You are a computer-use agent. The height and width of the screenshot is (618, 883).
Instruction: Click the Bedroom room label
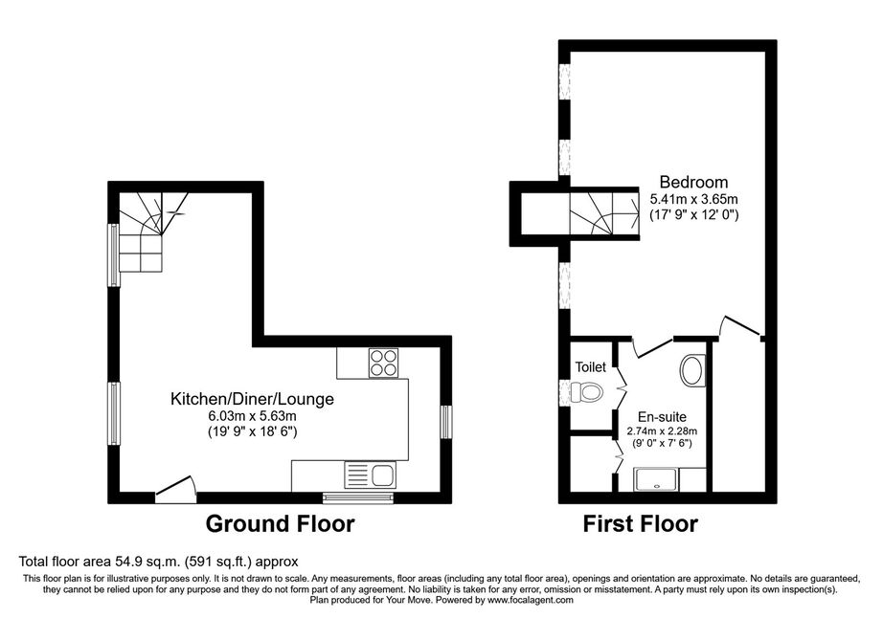pos(693,182)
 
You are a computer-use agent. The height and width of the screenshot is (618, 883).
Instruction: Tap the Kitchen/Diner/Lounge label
pos(252,399)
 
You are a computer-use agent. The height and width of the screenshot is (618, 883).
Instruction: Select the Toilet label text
pos(590,367)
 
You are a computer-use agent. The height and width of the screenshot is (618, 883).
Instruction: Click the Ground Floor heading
pos(280,523)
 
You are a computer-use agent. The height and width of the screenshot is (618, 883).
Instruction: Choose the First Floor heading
pos(641,524)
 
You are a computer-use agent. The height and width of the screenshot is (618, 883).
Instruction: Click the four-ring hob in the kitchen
pos(383,363)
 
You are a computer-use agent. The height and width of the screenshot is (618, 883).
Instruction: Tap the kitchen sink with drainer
pos(370,475)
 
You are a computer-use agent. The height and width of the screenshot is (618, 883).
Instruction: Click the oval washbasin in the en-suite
pos(693,370)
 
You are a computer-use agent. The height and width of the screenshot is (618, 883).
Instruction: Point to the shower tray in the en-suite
pos(657,479)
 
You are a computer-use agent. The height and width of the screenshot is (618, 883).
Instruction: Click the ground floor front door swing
pos(175,488)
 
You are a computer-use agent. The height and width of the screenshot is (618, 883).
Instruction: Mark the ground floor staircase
pos(148,232)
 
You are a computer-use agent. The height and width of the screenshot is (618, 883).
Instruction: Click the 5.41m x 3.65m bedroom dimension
pos(693,199)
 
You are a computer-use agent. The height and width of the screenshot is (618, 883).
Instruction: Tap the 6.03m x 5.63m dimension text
pos(252,417)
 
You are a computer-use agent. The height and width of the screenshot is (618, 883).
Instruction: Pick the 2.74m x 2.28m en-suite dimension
pos(662,431)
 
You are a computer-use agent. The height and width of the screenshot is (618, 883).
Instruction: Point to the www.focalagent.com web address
pos(531,600)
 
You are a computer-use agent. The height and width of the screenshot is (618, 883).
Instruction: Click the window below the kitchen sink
pos(358,496)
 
